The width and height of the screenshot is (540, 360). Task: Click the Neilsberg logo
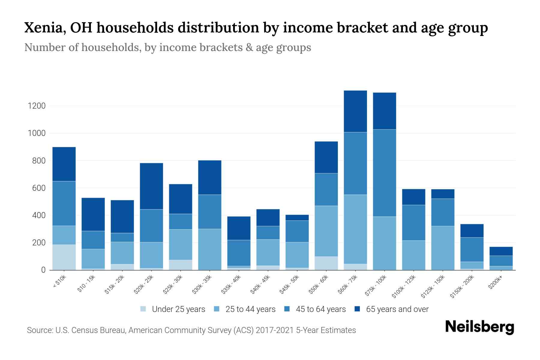coord(479,327)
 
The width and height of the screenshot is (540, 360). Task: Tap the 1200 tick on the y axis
coord(37,106)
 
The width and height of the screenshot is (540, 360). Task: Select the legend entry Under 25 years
coord(178,309)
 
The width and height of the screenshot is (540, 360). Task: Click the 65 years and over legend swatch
coord(357,309)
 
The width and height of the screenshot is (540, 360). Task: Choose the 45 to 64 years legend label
coord(321,309)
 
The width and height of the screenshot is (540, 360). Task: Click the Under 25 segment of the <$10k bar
coord(64,257)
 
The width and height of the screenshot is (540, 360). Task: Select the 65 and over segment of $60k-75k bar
coord(355,111)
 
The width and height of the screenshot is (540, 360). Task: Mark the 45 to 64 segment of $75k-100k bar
coord(384,173)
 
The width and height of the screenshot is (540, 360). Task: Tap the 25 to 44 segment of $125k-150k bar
coord(443,248)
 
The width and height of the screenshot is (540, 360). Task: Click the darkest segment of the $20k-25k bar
coord(151,186)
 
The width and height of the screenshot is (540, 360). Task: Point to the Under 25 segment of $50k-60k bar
coord(326,263)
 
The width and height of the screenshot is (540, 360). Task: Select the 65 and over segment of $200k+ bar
coord(501,251)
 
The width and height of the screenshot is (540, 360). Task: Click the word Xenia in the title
coord(42,28)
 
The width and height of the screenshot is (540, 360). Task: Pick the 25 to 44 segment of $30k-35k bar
coord(210,249)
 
